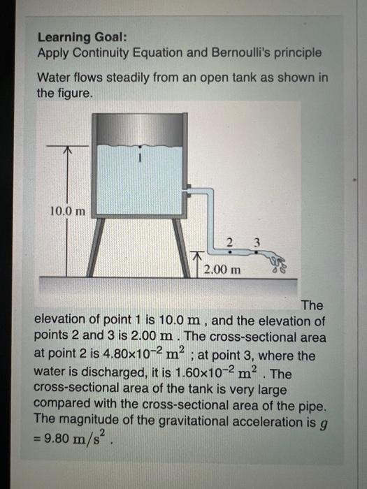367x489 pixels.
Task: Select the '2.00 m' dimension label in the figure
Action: coord(222,268)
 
